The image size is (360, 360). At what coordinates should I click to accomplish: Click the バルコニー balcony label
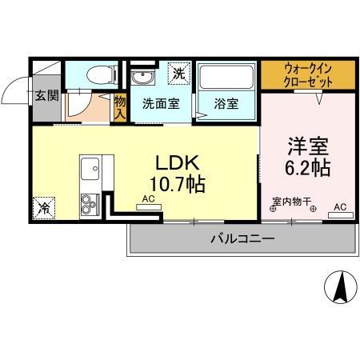[x=242, y=238]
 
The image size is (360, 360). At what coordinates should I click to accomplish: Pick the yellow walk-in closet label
[x=308, y=74]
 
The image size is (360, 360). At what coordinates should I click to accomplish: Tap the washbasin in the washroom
[x=144, y=77]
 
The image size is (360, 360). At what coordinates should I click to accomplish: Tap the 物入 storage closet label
[x=120, y=107]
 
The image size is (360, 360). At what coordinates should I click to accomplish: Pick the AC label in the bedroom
[x=339, y=206]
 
